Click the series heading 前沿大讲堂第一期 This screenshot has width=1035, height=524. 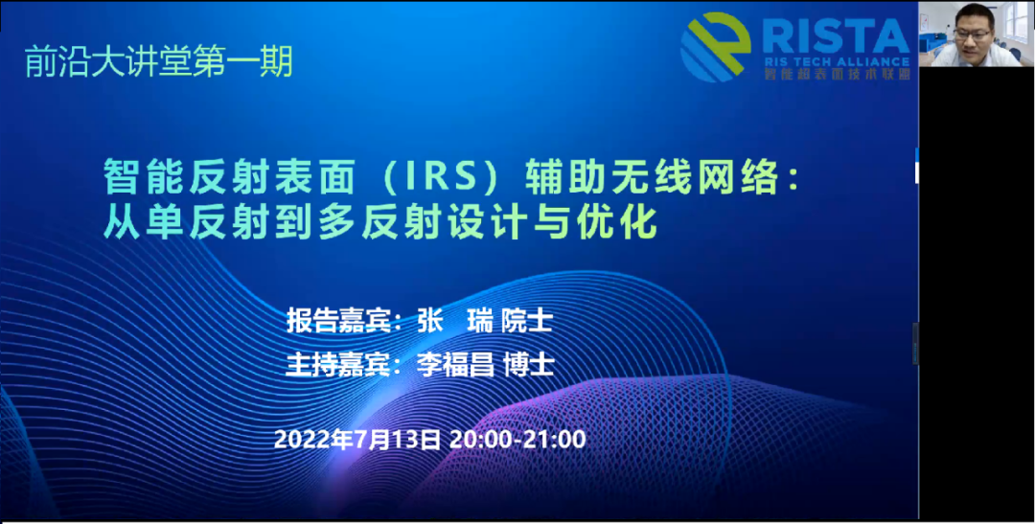(x=158, y=62)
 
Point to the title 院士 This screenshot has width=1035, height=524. (x=526, y=322)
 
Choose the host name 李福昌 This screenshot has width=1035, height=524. (x=455, y=365)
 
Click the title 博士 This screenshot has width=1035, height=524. (x=528, y=365)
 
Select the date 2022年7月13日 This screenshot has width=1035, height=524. (x=357, y=440)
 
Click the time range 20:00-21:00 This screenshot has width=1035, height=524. (x=517, y=440)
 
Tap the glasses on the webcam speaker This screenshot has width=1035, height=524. (x=973, y=33)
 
